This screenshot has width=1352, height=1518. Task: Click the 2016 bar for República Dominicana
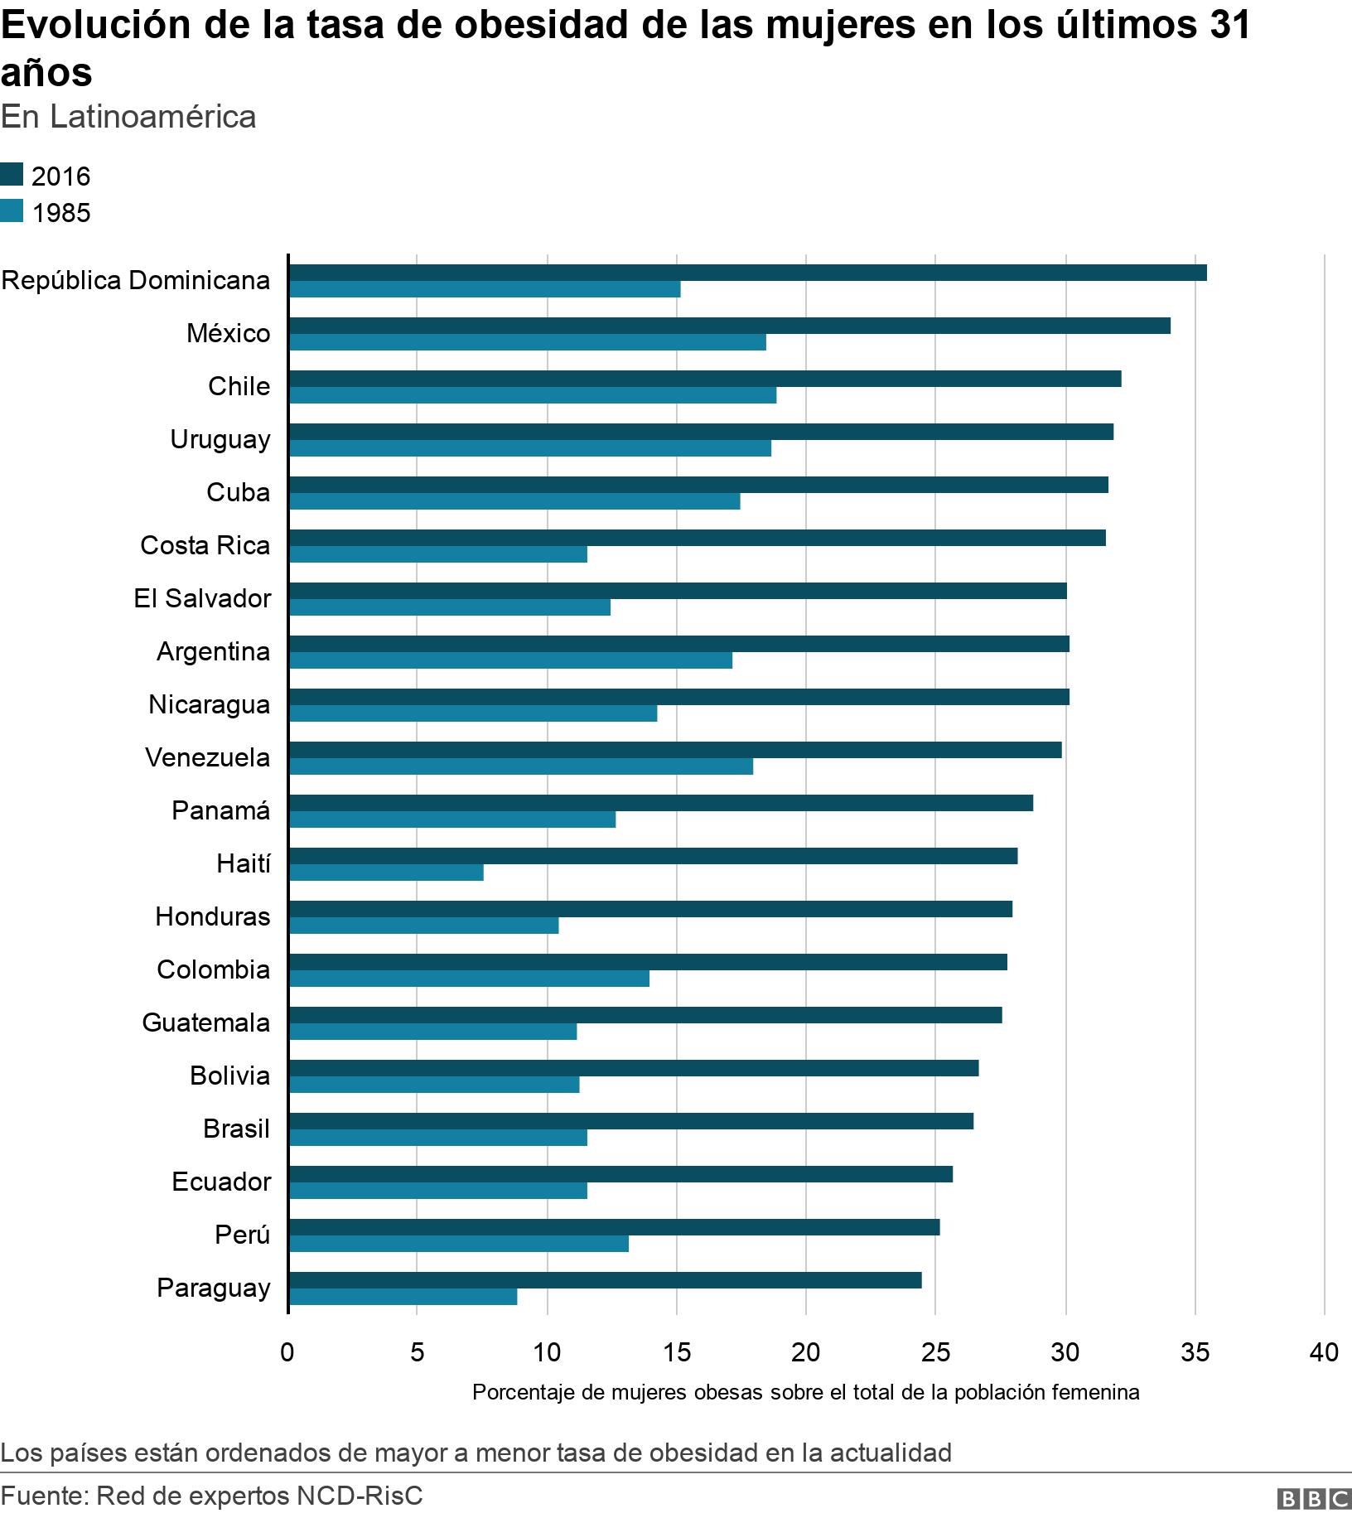(x=747, y=273)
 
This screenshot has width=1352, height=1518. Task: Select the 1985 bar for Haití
(x=386, y=873)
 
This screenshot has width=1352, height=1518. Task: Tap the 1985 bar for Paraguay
(x=403, y=1297)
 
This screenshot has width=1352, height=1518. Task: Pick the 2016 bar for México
(x=729, y=326)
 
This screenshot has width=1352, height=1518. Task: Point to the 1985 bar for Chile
(x=533, y=395)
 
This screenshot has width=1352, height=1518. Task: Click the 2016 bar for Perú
(x=614, y=1227)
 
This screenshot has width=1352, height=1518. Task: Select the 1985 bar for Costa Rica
(x=438, y=554)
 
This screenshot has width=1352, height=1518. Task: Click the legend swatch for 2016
(x=12, y=175)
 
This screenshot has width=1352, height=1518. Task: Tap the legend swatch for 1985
(x=12, y=212)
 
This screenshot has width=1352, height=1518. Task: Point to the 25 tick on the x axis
(x=935, y=1352)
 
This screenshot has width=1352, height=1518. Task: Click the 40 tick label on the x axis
(x=1324, y=1352)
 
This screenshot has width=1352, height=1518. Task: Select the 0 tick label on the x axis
(x=287, y=1352)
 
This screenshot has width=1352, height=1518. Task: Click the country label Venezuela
(x=207, y=757)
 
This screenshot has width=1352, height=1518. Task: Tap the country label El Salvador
(x=202, y=598)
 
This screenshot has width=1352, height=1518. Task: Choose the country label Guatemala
(x=205, y=1022)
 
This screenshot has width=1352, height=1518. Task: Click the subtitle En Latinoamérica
(x=128, y=117)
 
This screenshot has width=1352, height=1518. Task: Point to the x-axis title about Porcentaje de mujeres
(x=805, y=1392)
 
